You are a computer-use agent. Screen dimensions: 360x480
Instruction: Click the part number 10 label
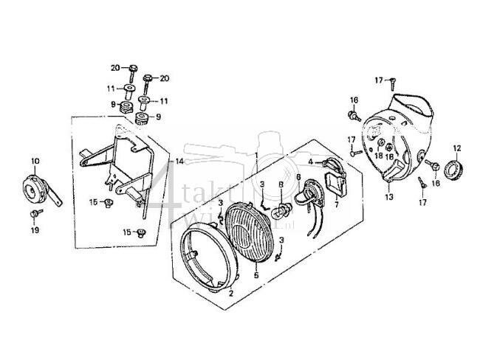coord(35,161)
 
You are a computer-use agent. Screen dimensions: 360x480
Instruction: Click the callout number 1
coord(256,156)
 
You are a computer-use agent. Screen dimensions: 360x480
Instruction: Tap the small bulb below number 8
coord(281,207)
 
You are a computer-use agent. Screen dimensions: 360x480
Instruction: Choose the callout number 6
coord(298,177)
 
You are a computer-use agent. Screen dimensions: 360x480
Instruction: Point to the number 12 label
coord(456,147)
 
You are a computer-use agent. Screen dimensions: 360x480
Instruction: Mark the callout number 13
coord(389,198)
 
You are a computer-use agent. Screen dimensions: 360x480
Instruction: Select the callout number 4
coord(311,161)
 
